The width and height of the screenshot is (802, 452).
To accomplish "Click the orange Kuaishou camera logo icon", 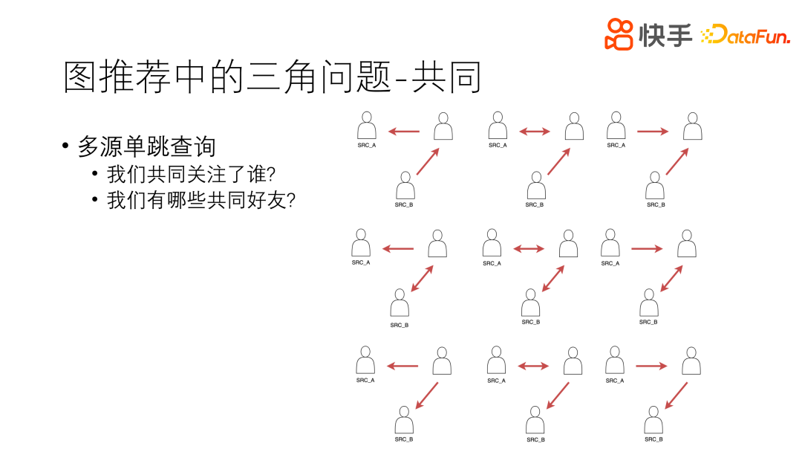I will [x=619, y=34].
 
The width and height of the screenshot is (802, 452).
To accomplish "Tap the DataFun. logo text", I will [x=746, y=34].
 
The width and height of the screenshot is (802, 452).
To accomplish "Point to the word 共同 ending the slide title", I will [x=452, y=77].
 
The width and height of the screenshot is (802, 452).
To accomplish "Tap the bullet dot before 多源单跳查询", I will [x=66, y=146].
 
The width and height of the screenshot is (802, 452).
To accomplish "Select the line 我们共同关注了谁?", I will [x=192, y=175].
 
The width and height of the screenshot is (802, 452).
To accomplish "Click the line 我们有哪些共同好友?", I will [x=201, y=200].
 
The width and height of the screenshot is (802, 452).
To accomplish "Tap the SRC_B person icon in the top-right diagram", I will [x=655, y=185].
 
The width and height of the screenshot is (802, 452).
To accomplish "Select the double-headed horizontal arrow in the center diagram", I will [x=529, y=248].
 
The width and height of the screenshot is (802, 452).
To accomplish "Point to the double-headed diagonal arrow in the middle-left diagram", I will [x=422, y=278].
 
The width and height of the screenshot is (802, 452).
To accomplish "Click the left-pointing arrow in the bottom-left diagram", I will [x=403, y=365].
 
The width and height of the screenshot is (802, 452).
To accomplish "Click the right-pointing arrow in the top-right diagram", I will [x=653, y=132].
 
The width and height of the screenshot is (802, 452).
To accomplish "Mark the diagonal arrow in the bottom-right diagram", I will [x=676, y=395].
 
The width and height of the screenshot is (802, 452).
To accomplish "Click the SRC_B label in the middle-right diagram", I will [x=648, y=322].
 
